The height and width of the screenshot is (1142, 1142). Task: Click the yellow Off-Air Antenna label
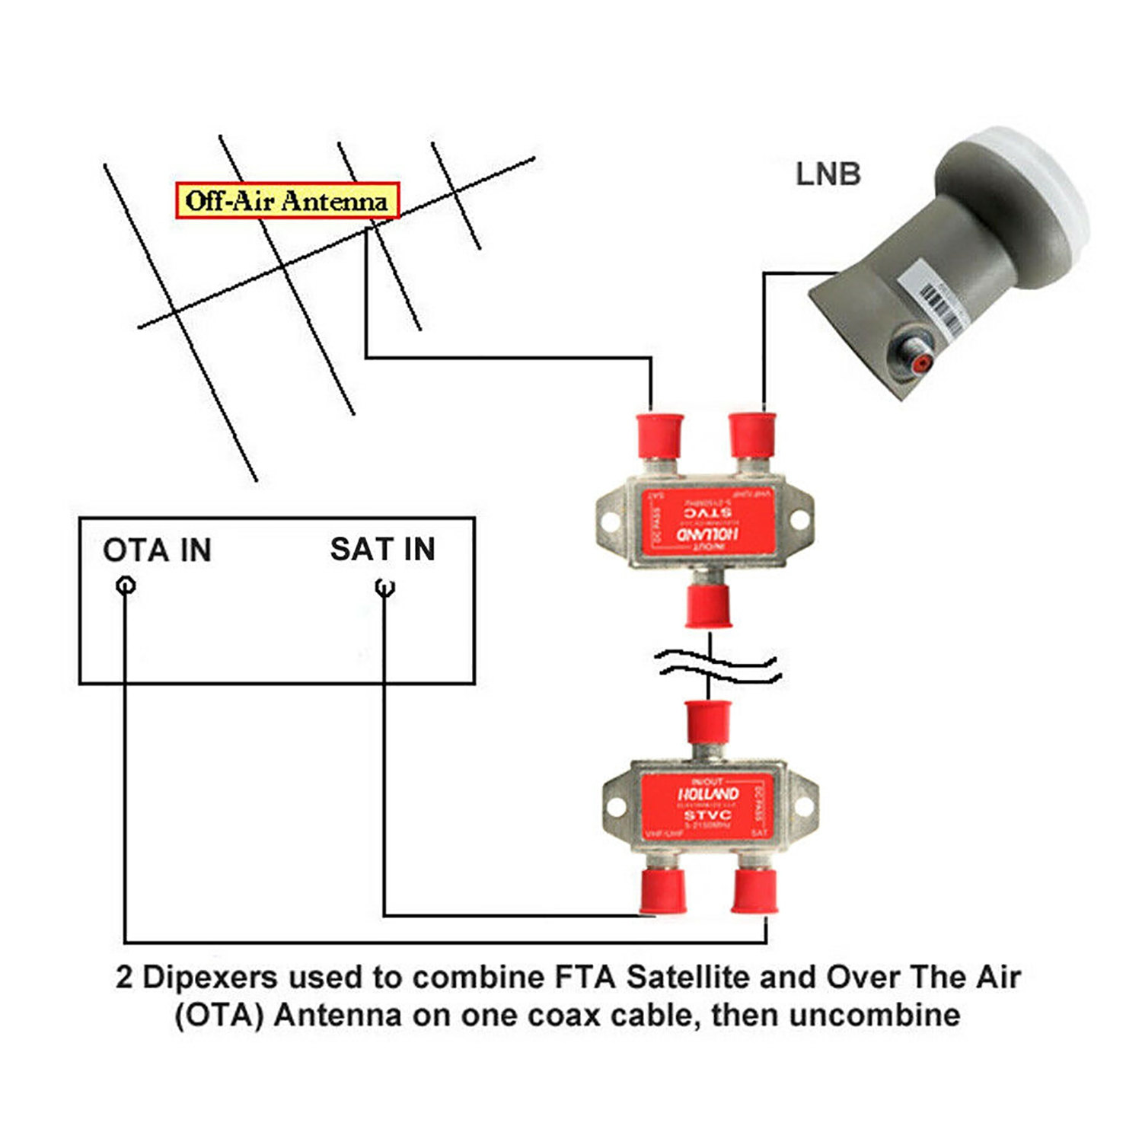(x=287, y=201)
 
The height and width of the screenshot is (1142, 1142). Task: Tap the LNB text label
(x=828, y=174)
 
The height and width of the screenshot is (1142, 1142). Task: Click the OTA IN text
(x=157, y=550)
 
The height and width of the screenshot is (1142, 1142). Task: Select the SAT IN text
(x=382, y=549)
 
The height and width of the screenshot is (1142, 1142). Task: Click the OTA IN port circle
(x=126, y=585)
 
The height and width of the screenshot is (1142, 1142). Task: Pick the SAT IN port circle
(x=385, y=587)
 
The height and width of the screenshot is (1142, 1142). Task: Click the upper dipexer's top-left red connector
(x=659, y=435)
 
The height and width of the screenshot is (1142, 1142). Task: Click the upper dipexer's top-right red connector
(x=752, y=434)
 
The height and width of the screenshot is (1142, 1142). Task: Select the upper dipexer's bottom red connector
(x=708, y=605)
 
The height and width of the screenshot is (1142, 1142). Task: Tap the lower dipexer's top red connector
(x=709, y=722)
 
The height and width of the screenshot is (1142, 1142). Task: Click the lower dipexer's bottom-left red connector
(x=663, y=890)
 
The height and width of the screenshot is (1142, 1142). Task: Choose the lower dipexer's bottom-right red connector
(x=754, y=890)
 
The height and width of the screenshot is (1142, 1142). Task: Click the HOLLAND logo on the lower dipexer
(x=708, y=794)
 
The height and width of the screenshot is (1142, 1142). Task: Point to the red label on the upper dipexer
(x=708, y=522)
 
